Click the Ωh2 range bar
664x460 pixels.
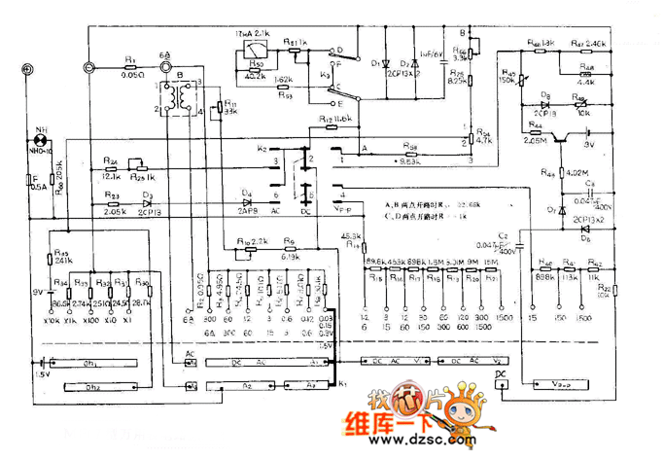coord(96,386)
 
